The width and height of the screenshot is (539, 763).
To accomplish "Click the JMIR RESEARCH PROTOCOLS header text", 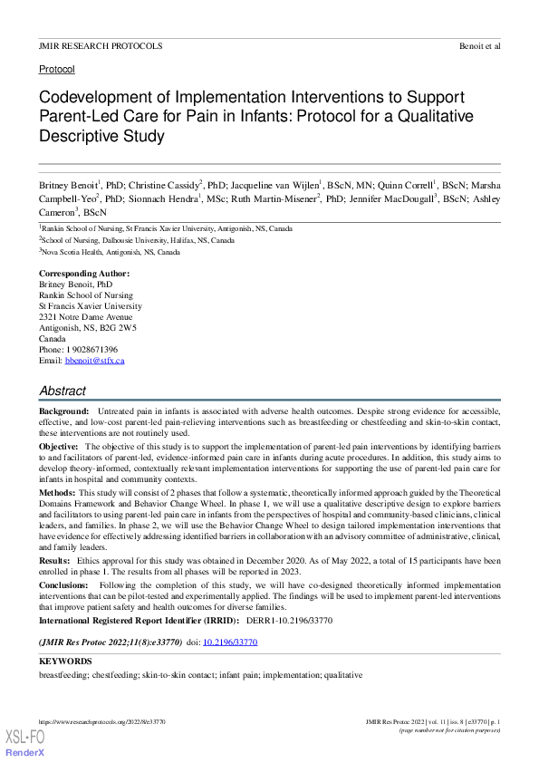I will [101, 45].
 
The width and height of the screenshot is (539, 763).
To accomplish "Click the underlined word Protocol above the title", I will [56, 69].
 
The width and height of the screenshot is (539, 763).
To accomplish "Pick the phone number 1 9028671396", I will [91, 350].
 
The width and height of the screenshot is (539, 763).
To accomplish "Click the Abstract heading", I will [63, 391].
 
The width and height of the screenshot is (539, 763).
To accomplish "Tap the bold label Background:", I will [63, 412].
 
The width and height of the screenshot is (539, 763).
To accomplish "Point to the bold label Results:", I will [56, 563].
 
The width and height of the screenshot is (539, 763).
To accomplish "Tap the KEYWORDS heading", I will [65, 662].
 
